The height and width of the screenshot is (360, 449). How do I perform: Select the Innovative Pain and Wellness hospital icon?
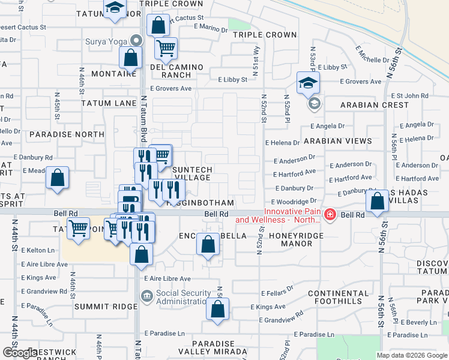(x=330, y=214)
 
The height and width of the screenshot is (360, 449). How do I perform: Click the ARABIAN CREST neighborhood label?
(x=375, y=105)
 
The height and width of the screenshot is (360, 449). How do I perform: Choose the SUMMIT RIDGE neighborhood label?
(x=106, y=307)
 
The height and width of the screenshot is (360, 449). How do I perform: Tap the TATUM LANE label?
(x=109, y=103)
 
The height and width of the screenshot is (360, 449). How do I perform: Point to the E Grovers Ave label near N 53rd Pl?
(x=361, y=82)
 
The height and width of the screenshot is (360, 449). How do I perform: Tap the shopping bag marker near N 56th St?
(x=377, y=202)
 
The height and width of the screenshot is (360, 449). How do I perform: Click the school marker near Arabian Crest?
(x=308, y=83)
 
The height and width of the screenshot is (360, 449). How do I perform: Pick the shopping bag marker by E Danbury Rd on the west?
(x=57, y=178)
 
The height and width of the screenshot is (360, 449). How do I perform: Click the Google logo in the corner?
(x=20, y=353)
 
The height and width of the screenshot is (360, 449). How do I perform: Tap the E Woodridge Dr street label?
(x=293, y=202)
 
